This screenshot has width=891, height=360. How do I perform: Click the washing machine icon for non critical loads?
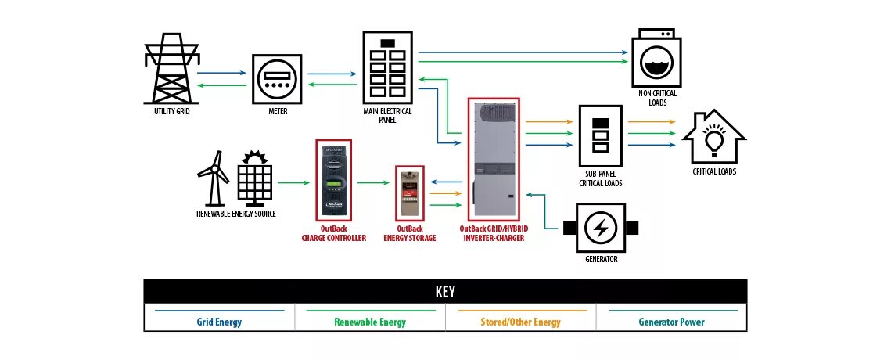point(657,59)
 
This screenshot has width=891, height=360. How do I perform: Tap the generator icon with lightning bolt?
point(601,228)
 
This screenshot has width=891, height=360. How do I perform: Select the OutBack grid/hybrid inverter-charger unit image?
point(496,159)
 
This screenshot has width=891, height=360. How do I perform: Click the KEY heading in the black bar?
point(445,292)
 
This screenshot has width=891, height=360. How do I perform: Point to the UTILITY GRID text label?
point(171,112)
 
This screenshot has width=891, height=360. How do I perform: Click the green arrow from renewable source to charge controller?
point(296,182)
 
